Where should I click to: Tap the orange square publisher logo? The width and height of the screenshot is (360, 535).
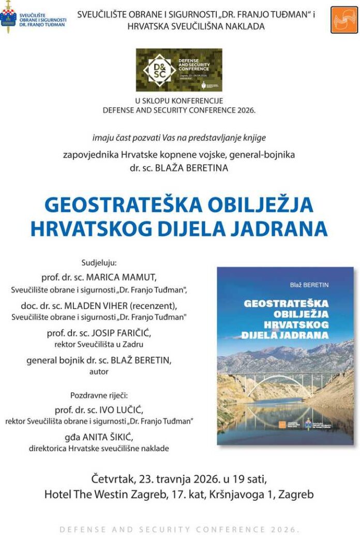344,20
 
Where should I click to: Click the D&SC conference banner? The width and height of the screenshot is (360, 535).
179,70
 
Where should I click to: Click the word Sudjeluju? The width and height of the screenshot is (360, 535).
99,262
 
